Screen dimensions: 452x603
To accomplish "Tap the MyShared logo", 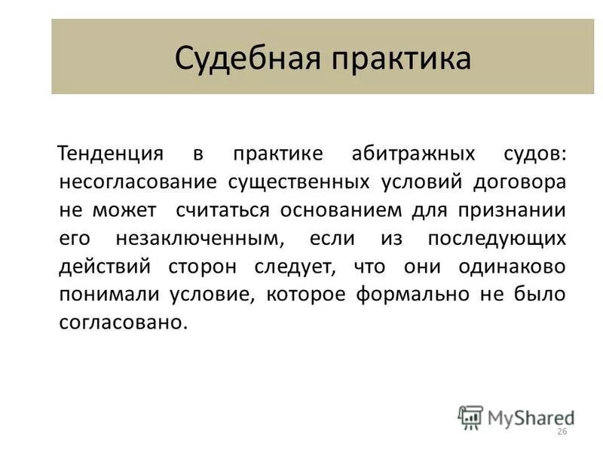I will (x=516, y=417).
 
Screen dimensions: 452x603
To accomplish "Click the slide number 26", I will (x=560, y=432).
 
